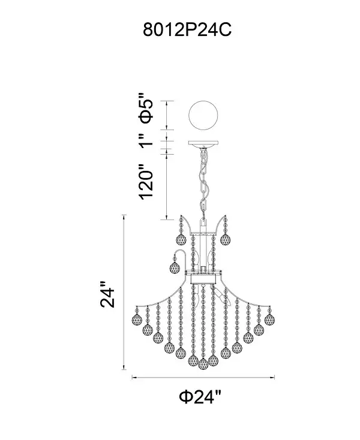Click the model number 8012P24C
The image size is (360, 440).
coord(187,29)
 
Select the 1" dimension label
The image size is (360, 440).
coord(146,141)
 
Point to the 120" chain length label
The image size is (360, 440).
coord(146,182)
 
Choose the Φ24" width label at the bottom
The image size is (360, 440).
coord(200,397)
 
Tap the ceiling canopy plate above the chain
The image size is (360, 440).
coord(203,143)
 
